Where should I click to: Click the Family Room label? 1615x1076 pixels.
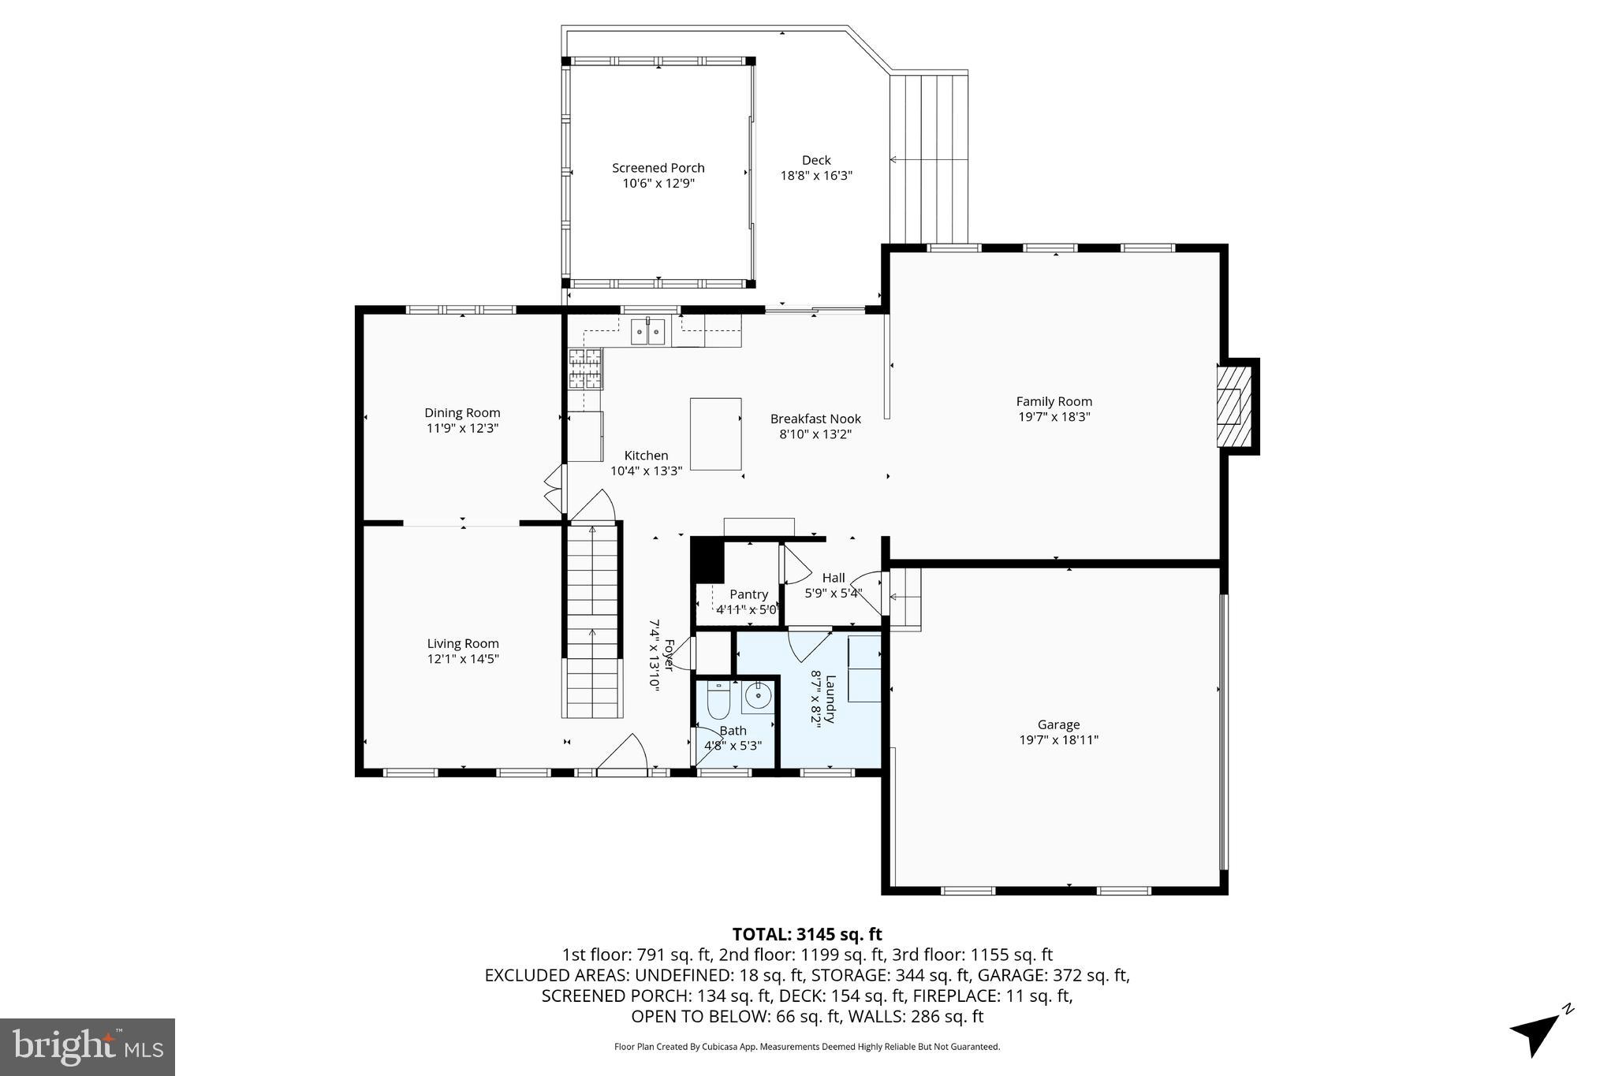pyautogui.click(x=1054, y=401)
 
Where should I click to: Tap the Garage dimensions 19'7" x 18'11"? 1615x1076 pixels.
pyautogui.click(x=1058, y=739)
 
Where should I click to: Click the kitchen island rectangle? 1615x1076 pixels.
pyautogui.click(x=715, y=434)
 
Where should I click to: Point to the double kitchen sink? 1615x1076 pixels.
pyautogui.click(x=647, y=332)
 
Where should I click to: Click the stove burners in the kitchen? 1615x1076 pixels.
pyautogui.click(x=585, y=369)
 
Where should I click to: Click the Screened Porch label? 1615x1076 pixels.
pyautogui.click(x=658, y=168)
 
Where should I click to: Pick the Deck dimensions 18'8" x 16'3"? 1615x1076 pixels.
pyautogui.click(x=816, y=176)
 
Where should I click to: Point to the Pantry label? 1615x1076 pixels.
pyautogui.click(x=748, y=594)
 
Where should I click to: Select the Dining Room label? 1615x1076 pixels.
pyautogui.click(x=462, y=412)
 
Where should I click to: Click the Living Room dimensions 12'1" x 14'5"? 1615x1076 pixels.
pyautogui.click(x=463, y=659)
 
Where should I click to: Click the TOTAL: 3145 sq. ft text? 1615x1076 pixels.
pyautogui.click(x=807, y=934)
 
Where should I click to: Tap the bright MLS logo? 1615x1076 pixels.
pyautogui.click(x=88, y=1047)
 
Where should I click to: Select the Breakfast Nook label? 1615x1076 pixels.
pyautogui.click(x=815, y=419)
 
